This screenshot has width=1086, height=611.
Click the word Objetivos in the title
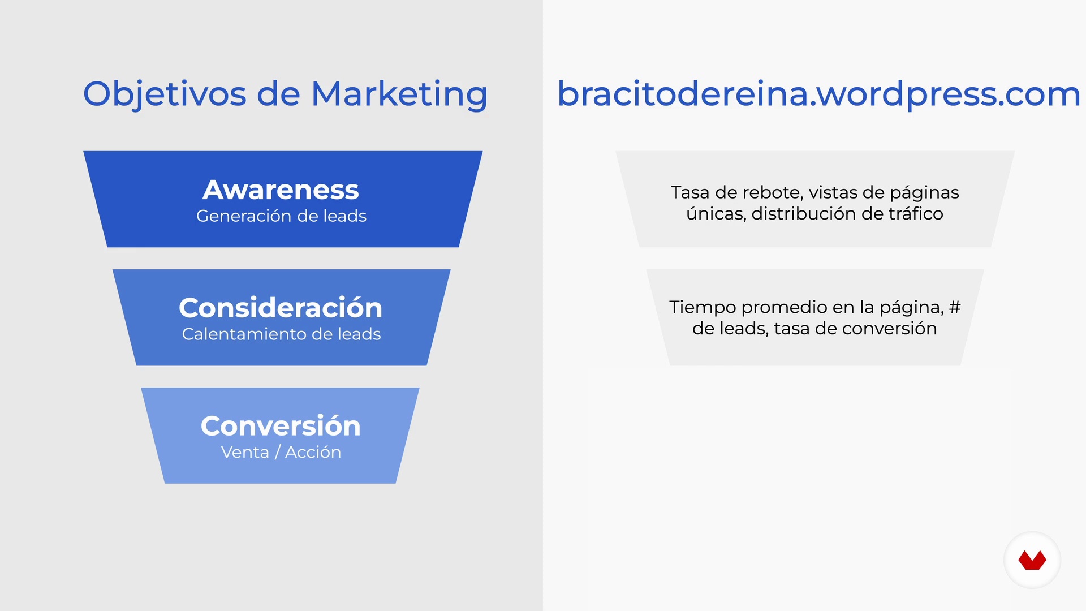165,94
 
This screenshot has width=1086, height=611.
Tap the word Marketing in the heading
399,94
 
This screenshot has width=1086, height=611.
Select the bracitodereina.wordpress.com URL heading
819,94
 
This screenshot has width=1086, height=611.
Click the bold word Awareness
281,190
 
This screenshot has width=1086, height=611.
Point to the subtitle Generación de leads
281,216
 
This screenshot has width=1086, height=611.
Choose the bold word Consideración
281,308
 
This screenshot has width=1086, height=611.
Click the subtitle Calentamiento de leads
281,334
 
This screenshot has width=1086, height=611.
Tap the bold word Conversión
281,426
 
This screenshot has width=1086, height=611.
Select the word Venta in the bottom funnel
245,453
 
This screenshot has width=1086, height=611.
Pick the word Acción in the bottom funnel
313,452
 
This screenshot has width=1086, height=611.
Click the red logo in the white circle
1032,560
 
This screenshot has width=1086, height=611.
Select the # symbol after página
955,307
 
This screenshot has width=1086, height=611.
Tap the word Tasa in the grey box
690,192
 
